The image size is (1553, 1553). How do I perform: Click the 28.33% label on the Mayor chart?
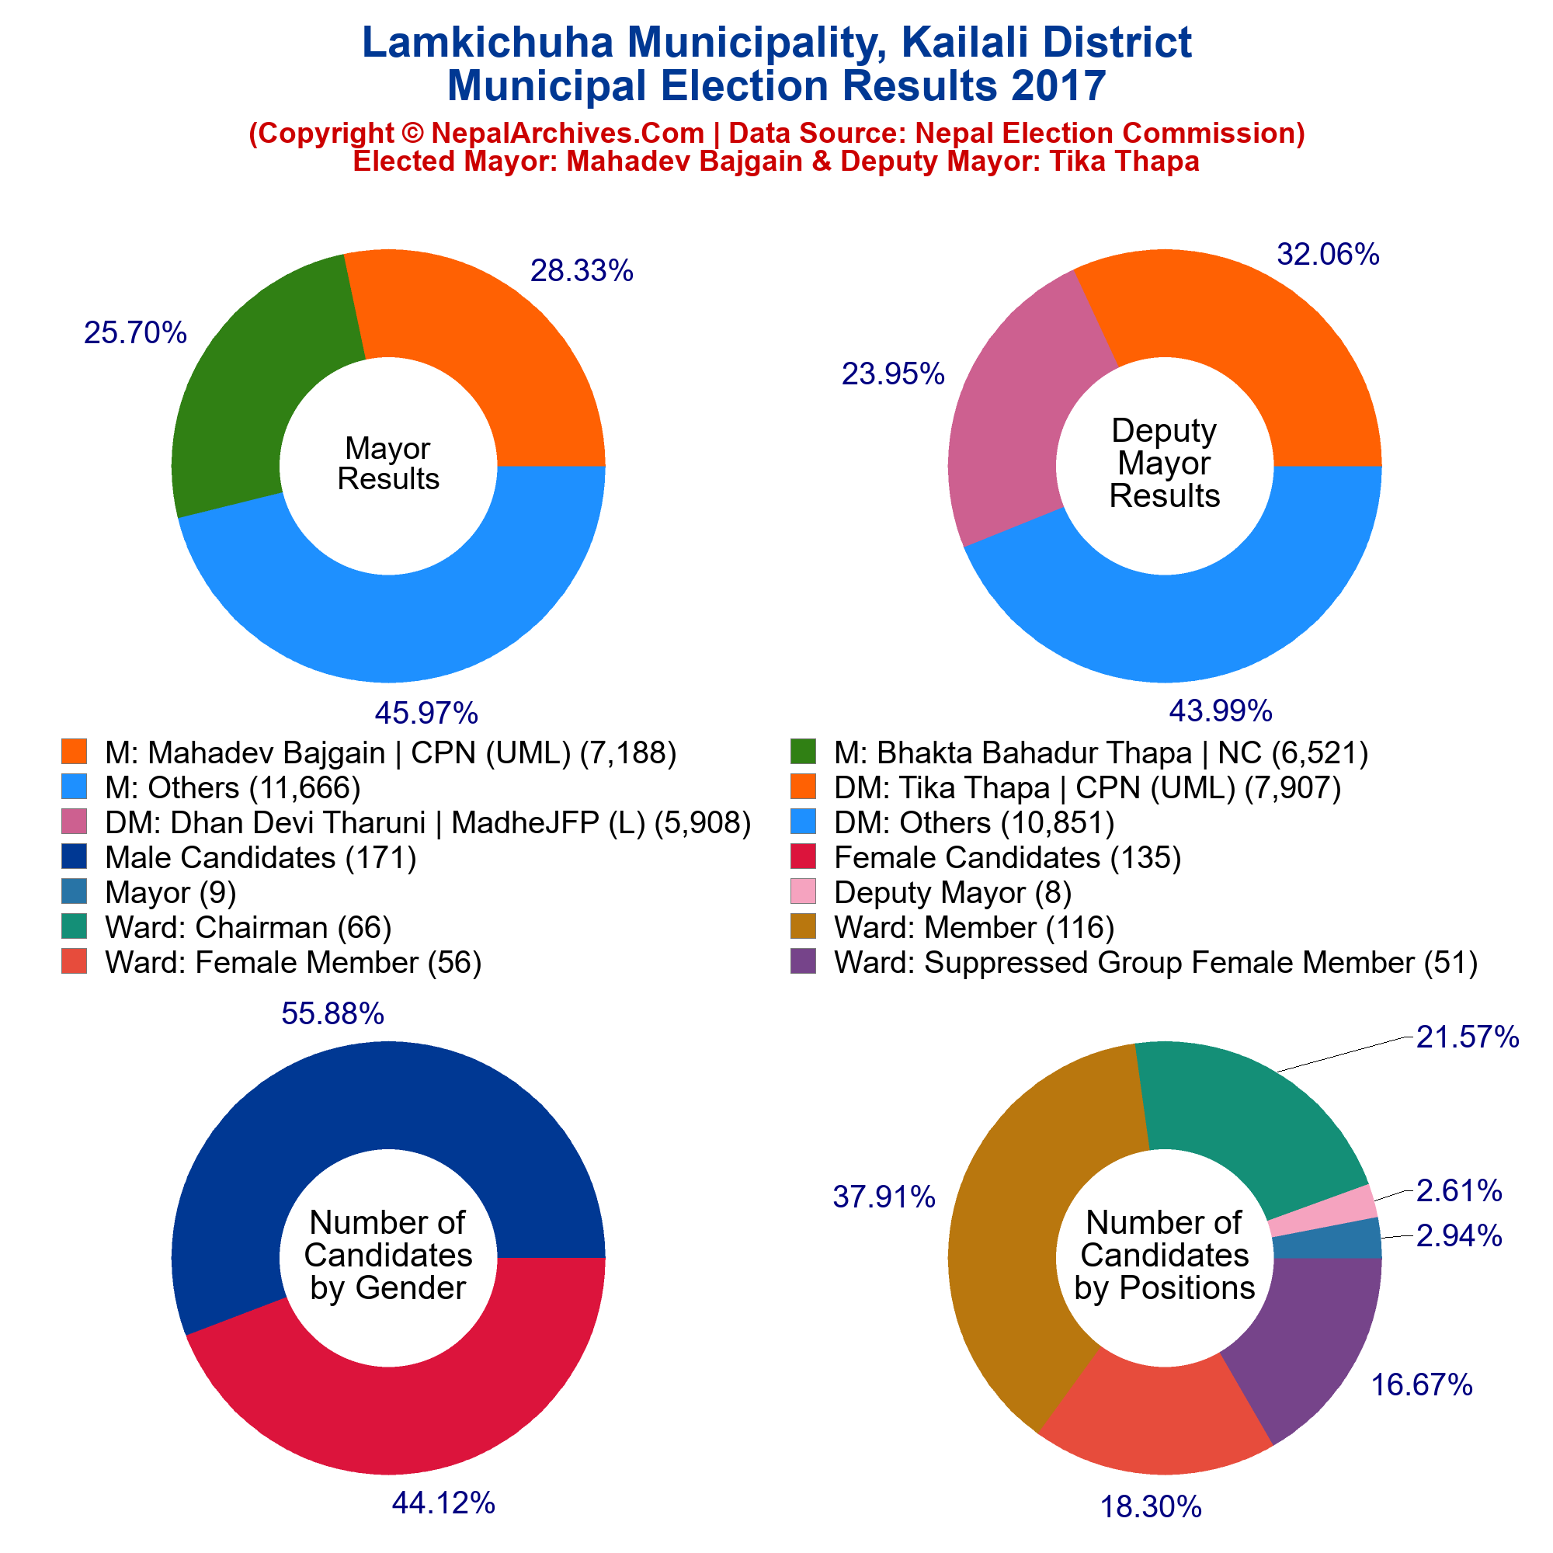[581, 272]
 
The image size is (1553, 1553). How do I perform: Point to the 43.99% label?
[1219, 710]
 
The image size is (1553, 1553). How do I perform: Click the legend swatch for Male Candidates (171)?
[73, 857]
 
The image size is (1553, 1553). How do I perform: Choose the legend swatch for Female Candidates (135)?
[803, 857]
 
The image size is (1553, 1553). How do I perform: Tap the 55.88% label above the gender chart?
[332, 1014]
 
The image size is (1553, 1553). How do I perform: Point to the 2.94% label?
[1458, 1236]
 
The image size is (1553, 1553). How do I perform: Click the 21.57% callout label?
[1466, 1037]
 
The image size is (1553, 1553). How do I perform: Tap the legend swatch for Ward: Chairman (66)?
[73, 927]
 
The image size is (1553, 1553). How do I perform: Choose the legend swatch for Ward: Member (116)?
[803, 927]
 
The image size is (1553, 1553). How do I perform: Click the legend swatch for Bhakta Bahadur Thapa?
[803, 752]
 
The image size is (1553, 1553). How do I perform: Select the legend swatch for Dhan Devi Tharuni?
[73, 822]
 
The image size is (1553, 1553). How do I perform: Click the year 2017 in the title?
[1058, 86]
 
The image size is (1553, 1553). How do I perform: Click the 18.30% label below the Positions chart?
[1150, 1506]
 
